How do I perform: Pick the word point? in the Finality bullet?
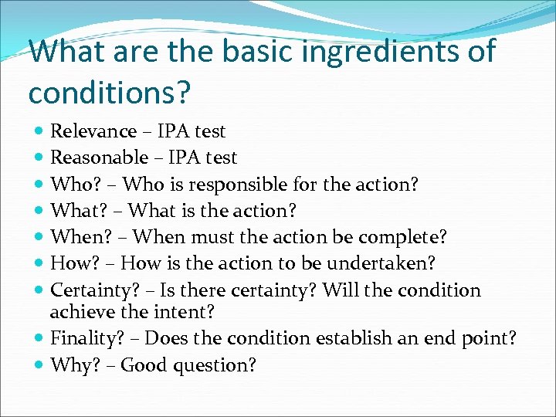coord(490,338)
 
